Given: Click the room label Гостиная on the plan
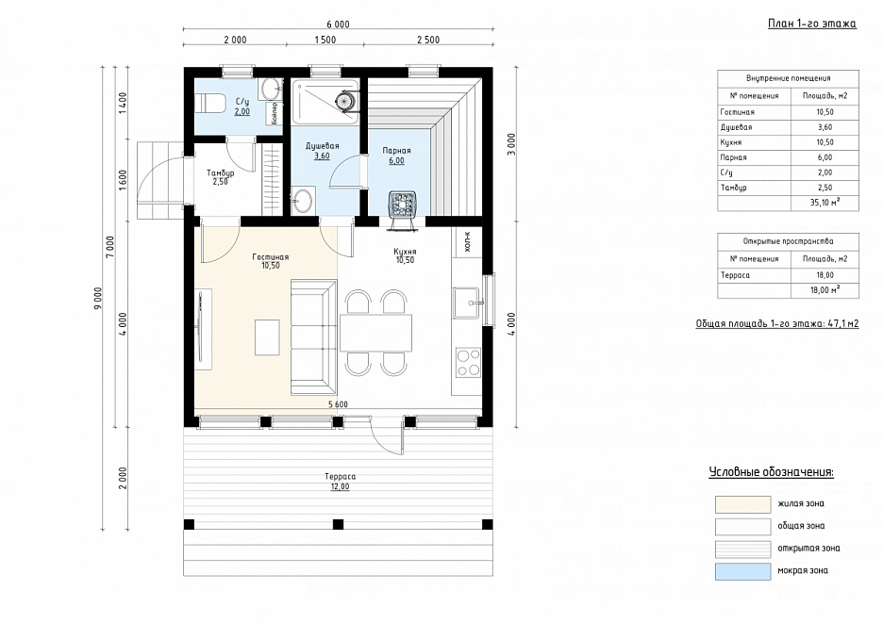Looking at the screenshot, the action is click(271, 257).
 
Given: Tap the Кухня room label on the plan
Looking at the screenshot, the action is click(405, 252).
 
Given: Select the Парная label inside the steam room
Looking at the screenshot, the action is click(396, 151).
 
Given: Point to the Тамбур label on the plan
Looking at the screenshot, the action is click(220, 172).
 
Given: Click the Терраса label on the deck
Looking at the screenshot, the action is click(341, 477).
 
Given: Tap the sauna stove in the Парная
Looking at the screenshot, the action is click(404, 205).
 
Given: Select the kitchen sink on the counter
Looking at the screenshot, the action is click(468, 303).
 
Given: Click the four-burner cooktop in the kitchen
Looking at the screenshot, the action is click(469, 363).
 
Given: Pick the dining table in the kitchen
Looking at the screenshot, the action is click(375, 333).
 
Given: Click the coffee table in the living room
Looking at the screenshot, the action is click(267, 337).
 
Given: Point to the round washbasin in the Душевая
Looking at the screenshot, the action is click(304, 200).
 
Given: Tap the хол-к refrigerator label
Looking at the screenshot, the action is click(467, 242).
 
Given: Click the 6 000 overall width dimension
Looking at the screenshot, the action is click(338, 25).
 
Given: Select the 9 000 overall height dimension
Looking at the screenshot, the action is click(98, 298).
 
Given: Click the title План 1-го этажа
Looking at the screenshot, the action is click(812, 24).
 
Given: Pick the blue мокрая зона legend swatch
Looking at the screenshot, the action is click(742, 570).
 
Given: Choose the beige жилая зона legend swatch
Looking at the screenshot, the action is click(742, 504).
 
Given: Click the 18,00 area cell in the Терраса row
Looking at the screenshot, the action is click(825, 275).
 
